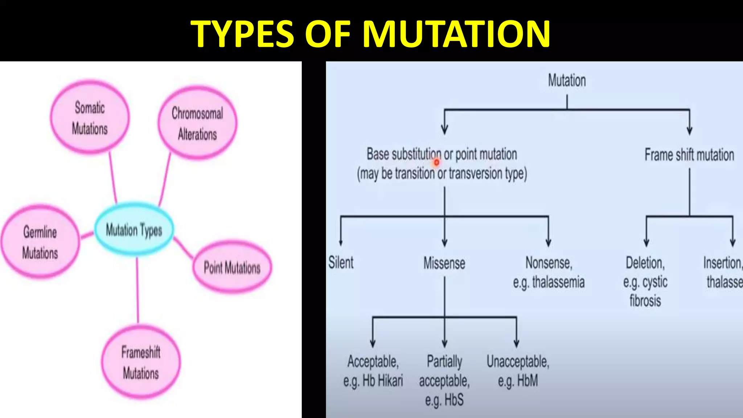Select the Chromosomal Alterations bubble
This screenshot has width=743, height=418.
[197, 123]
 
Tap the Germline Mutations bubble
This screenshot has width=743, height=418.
[40, 242]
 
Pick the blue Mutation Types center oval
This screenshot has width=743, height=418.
[134, 230]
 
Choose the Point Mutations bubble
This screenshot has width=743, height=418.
[232, 268]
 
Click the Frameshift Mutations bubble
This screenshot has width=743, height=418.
[141, 362]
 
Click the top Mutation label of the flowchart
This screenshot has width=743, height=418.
[567, 80]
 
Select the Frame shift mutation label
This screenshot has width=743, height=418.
[689, 155]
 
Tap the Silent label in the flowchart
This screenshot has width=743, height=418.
[341, 262]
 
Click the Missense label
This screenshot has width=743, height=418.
[444, 263]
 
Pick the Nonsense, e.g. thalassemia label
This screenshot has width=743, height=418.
[549, 272]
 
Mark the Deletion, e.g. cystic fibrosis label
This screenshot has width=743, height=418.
[645, 282]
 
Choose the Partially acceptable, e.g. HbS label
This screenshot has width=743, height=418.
[444, 380]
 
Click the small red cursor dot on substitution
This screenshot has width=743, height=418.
[436, 163]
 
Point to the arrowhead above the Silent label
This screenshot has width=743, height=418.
[341, 242]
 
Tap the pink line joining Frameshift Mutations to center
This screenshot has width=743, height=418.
[137, 290]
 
